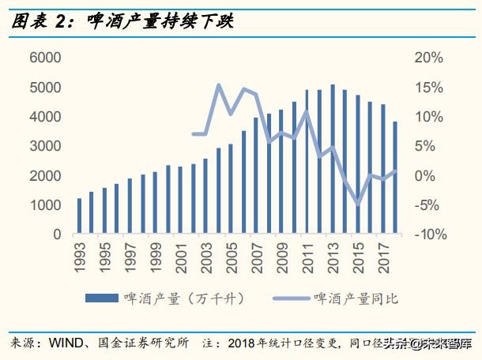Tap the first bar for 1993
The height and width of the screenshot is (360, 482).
click(x=79, y=216)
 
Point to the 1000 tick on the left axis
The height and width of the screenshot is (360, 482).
click(x=46, y=205)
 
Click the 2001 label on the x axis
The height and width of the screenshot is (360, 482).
click(x=181, y=257)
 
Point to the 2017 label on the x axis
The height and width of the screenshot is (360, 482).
click(x=383, y=257)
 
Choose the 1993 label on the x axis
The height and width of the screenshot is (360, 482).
click(x=79, y=257)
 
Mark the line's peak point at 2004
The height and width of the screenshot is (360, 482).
click(x=218, y=85)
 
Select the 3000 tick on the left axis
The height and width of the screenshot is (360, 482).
click(x=46, y=146)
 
